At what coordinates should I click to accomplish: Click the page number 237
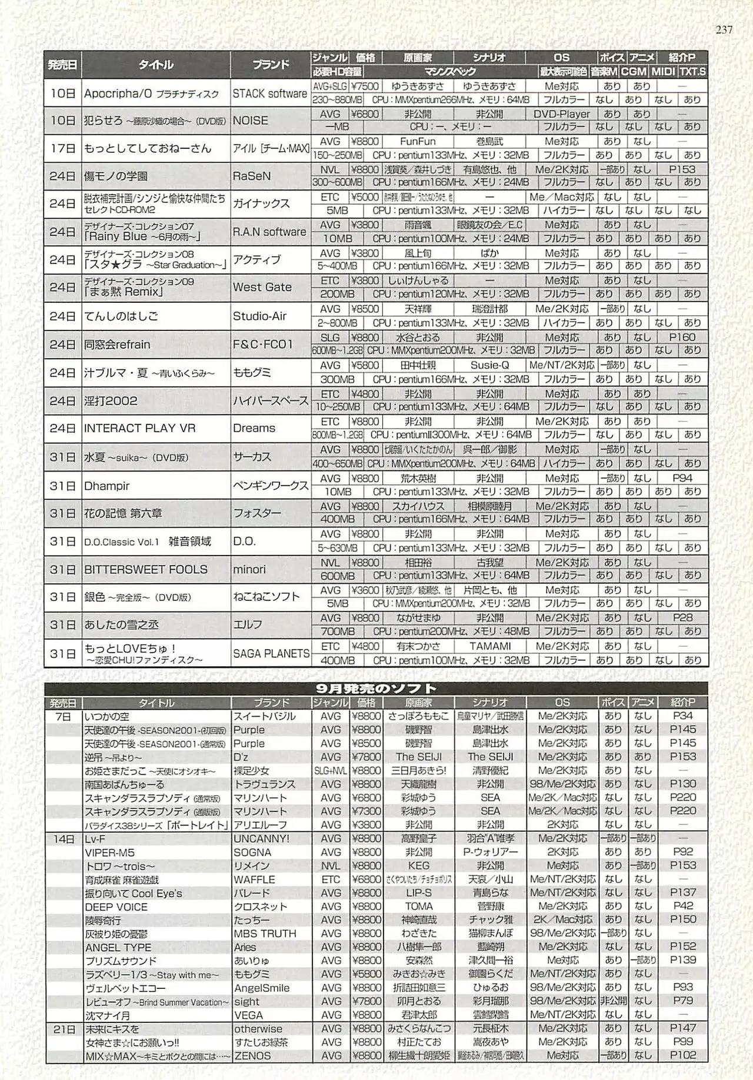point(724,29)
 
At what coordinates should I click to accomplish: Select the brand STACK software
point(270,93)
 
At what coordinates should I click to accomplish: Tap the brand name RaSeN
point(252,176)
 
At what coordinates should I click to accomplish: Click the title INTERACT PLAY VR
point(139,428)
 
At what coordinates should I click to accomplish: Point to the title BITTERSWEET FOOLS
point(145,569)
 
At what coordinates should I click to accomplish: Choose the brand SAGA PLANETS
point(271,653)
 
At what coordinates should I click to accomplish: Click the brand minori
point(249,569)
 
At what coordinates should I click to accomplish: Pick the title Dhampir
point(106,486)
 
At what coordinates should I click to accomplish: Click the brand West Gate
point(262,287)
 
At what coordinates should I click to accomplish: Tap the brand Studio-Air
point(259,316)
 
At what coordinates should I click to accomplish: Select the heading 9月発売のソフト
point(376,688)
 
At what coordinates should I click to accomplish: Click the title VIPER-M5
point(109,852)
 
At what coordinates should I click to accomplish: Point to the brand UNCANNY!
point(261,839)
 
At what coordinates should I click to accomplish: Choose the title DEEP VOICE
point(116,907)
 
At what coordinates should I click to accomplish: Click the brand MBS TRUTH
point(265,934)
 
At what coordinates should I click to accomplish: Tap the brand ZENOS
point(252,1056)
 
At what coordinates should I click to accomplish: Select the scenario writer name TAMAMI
point(489,646)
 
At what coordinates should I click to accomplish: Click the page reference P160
point(682,337)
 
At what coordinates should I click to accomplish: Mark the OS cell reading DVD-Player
point(561,114)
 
